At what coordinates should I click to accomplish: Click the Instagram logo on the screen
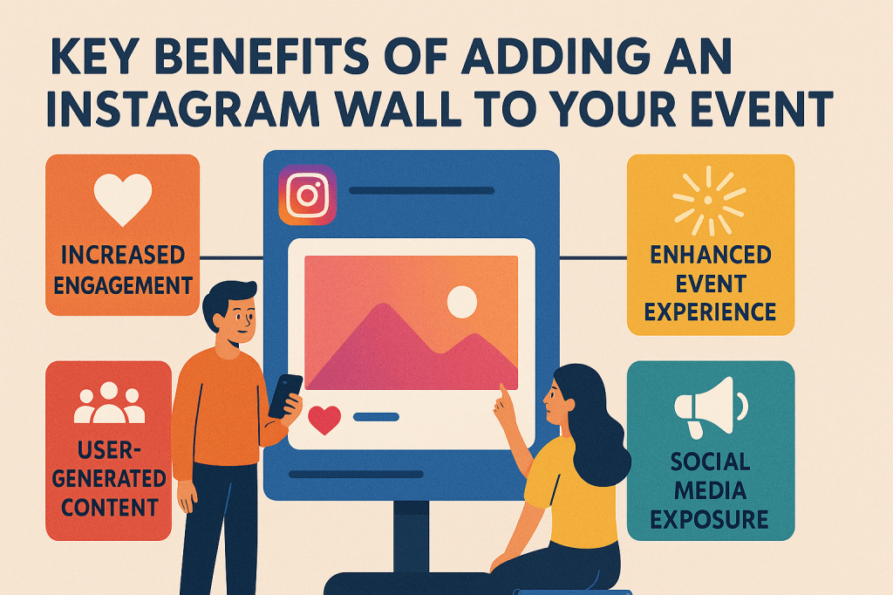tap(307, 195)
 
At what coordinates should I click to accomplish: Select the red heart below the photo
tap(324, 420)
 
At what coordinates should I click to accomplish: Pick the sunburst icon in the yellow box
tap(710, 202)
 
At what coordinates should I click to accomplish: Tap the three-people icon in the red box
tap(110, 403)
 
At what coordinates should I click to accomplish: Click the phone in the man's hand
tap(284, 394)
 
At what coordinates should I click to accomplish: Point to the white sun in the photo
tap(461, 302)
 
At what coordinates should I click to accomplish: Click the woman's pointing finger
tap(501, 394)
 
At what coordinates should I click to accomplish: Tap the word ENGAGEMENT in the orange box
tap(121, 284)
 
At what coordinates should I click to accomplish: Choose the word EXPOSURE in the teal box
tap(710, 520)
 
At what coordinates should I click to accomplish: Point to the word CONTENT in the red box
tap(109, 506)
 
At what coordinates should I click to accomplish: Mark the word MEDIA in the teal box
tap(711, 490)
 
